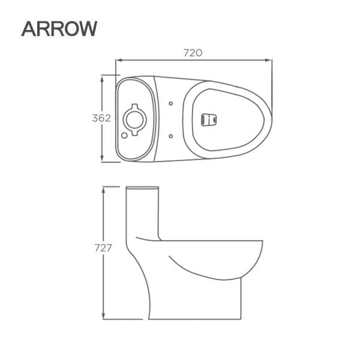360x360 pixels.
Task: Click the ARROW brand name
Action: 58,29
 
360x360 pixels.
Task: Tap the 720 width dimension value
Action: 192,53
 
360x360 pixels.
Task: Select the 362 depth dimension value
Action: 101,118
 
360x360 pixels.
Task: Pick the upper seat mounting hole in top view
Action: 172,103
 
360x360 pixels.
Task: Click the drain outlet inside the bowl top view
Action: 208,118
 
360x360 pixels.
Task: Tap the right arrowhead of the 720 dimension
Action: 271,60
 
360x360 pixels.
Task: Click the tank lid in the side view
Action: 143,190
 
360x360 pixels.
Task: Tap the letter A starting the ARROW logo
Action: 29,29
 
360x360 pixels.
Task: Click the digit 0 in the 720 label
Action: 199,53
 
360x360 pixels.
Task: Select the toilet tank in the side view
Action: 143,216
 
